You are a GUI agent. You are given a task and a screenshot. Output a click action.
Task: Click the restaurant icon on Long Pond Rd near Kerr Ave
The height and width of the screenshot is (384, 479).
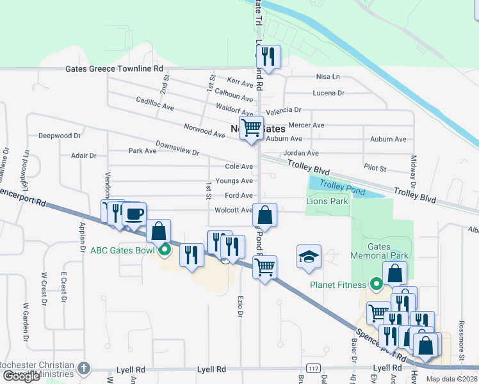click(268, 56)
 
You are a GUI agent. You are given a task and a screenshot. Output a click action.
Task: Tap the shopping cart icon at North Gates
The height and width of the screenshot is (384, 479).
click(251, 127)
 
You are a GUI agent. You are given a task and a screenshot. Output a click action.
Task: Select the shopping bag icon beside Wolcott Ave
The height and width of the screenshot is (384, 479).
click(264, 214)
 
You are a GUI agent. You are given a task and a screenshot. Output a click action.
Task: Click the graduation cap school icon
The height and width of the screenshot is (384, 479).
click(309, 257)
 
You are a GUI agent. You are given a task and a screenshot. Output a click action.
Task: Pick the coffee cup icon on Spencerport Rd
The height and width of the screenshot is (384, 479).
click(134, 214)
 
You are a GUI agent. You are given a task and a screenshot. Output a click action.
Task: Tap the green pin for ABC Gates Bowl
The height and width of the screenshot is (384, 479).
click(165, 250)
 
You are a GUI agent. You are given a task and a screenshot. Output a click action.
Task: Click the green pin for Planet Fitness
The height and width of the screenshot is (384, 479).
click(376, 285)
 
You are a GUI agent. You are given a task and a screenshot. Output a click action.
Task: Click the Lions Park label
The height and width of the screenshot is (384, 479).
click(327, 201)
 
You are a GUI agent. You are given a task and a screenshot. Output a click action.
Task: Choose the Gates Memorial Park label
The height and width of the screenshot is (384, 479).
click(378, 250)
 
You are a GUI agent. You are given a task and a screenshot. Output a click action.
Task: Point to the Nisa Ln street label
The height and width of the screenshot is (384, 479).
click(328, 76)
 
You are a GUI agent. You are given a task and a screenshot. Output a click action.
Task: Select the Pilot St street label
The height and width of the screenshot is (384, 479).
click(375, 168)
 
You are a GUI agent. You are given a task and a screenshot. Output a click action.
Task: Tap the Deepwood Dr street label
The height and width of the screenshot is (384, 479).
click(59, 136)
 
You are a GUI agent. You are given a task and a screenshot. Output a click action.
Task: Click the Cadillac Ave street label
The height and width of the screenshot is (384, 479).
click(155, 104)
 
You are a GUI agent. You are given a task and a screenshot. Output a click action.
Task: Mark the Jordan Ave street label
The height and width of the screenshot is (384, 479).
click(301, 154)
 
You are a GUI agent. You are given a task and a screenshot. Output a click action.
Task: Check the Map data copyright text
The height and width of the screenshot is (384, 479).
click(451, 379)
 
